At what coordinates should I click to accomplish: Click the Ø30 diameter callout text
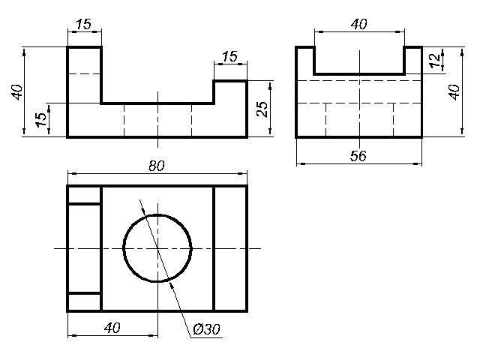207,329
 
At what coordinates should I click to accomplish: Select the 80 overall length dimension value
157,166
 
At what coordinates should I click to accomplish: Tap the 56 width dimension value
358,156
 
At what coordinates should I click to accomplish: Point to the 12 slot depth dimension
434,60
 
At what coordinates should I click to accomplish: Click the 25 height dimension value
262,109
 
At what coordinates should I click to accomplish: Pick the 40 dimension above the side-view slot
358,24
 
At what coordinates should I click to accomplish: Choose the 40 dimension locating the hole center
112,328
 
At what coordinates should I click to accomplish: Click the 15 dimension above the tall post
83,24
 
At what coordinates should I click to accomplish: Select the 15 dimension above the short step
229,56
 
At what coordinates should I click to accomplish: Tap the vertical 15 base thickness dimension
41,120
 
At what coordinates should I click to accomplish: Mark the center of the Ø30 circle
157,248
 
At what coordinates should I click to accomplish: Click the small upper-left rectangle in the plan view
84,194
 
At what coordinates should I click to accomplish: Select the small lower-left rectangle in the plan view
84,302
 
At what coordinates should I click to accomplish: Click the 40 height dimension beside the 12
454,91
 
